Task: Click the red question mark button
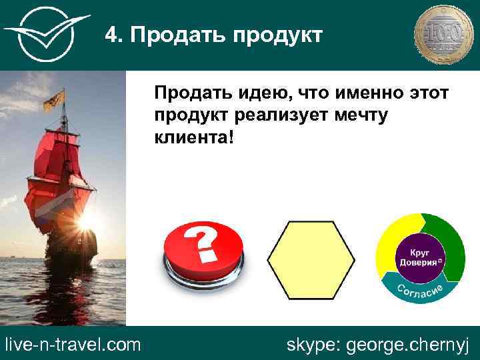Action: tap(204, 251)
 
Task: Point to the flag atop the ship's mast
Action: tap(55, 99)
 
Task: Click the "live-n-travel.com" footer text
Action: tap(73, 345)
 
